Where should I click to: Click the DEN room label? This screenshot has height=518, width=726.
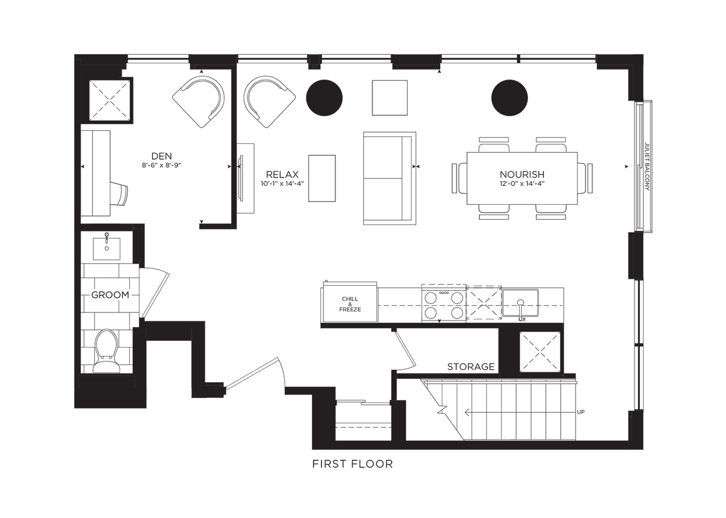pos(161,156)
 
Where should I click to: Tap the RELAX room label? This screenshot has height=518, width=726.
pos(282,175)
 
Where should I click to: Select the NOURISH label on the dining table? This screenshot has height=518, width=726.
pos(522,175)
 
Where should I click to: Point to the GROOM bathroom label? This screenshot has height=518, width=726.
pos(110,295)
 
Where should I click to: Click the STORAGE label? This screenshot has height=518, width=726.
pos(471,367)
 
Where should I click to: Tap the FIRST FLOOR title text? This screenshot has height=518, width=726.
pos(353,464)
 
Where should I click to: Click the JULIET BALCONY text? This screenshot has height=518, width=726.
pos(647,167)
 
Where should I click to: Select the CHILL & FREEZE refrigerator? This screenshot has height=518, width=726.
pos(350,303)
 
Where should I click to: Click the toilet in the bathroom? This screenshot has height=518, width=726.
pos(106,352)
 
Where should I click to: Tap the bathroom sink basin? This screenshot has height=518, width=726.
pos(107,248)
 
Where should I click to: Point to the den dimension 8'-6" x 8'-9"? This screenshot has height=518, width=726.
pos(161,165)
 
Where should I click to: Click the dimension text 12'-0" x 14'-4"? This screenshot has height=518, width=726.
pos(522,183)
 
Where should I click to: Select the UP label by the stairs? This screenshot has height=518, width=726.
pos(581,412)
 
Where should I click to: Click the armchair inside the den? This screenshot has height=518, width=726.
pos(198,102)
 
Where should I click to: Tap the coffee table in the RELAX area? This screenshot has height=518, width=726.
pos(322,178)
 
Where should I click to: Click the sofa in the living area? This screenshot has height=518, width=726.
pos(389,178)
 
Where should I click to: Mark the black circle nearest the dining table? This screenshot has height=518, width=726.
pos(509,98)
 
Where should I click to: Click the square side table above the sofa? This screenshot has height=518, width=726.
pos(389,98)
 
